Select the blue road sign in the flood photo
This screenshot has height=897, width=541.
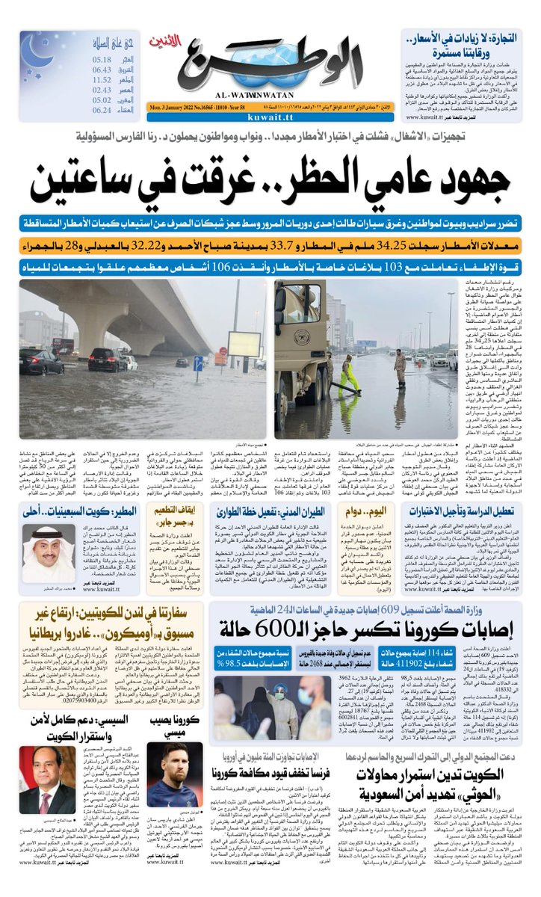point(198,363)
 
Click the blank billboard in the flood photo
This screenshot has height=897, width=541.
point(244,344)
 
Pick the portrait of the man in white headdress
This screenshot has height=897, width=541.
point(49,553)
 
